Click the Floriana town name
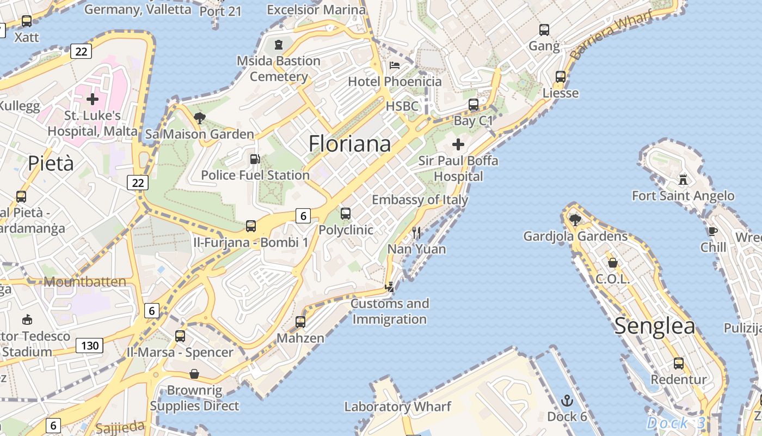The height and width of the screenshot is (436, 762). (x=349, y=144)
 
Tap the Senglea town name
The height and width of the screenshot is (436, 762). (x=655, y=326)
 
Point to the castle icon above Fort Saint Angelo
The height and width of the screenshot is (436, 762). (x=683, y=179)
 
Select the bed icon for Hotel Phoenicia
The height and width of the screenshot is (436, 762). (x=395, y=66)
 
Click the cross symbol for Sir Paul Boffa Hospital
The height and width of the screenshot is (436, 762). (x=458, y=144)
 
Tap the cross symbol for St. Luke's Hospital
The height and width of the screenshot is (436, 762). (x=93, y=99)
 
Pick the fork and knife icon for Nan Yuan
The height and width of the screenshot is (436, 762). (x=416, y=233)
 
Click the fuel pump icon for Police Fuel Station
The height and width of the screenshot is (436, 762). (x=254, y=159)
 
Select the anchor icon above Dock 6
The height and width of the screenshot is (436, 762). (x=567, y=401)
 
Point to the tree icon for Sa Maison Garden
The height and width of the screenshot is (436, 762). (x=200, y=118)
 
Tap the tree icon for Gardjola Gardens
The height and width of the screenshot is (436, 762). (x=575, y=220)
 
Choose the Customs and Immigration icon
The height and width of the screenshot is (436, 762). (x=390, y=287)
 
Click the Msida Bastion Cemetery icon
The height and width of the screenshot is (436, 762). (x=279, y=44)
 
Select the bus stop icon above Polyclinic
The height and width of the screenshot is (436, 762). (x=346, y=213)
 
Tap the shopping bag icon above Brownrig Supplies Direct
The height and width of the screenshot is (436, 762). (x=194, y=374)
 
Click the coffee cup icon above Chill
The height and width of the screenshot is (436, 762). (x=713, y=231)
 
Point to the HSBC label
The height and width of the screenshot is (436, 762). (x=402, y=106)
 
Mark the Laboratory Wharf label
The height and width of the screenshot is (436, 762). (x=397, y=407)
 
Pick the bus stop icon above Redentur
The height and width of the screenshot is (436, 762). (x=679, y=363)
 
